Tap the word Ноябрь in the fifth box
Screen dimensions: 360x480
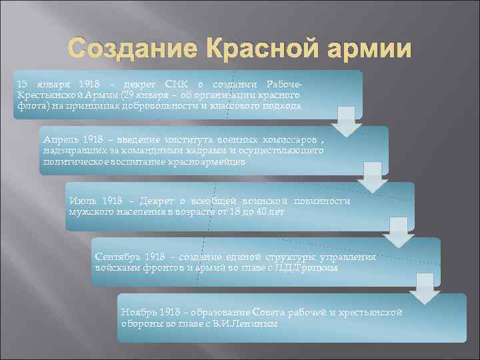139,312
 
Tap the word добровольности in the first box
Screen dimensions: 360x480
156,105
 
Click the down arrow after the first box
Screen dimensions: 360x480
345,121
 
